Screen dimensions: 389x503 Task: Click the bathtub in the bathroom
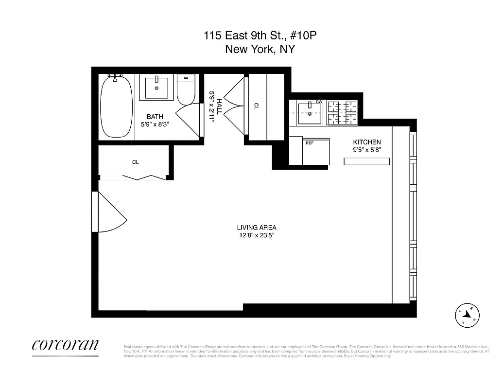(116, 107)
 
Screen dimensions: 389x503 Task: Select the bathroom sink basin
(156, 88)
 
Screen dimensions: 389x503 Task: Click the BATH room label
(155, 116)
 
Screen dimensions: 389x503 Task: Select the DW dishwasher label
(319, 102)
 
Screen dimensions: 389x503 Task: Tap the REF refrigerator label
(310, 143)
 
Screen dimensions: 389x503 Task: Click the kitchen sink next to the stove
(307, 112)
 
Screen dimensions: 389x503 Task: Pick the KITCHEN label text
(366, 142)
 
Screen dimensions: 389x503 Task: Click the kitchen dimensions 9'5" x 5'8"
(366, 150)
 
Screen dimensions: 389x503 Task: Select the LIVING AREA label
(257, 227)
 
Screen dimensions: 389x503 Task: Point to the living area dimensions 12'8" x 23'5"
(257, 235)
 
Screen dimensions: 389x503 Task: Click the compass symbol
(468, 315)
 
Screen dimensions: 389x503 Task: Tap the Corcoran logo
(65, 345)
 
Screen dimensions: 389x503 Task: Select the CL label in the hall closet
(256, 105)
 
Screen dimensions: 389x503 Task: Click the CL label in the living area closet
(136, 162)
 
